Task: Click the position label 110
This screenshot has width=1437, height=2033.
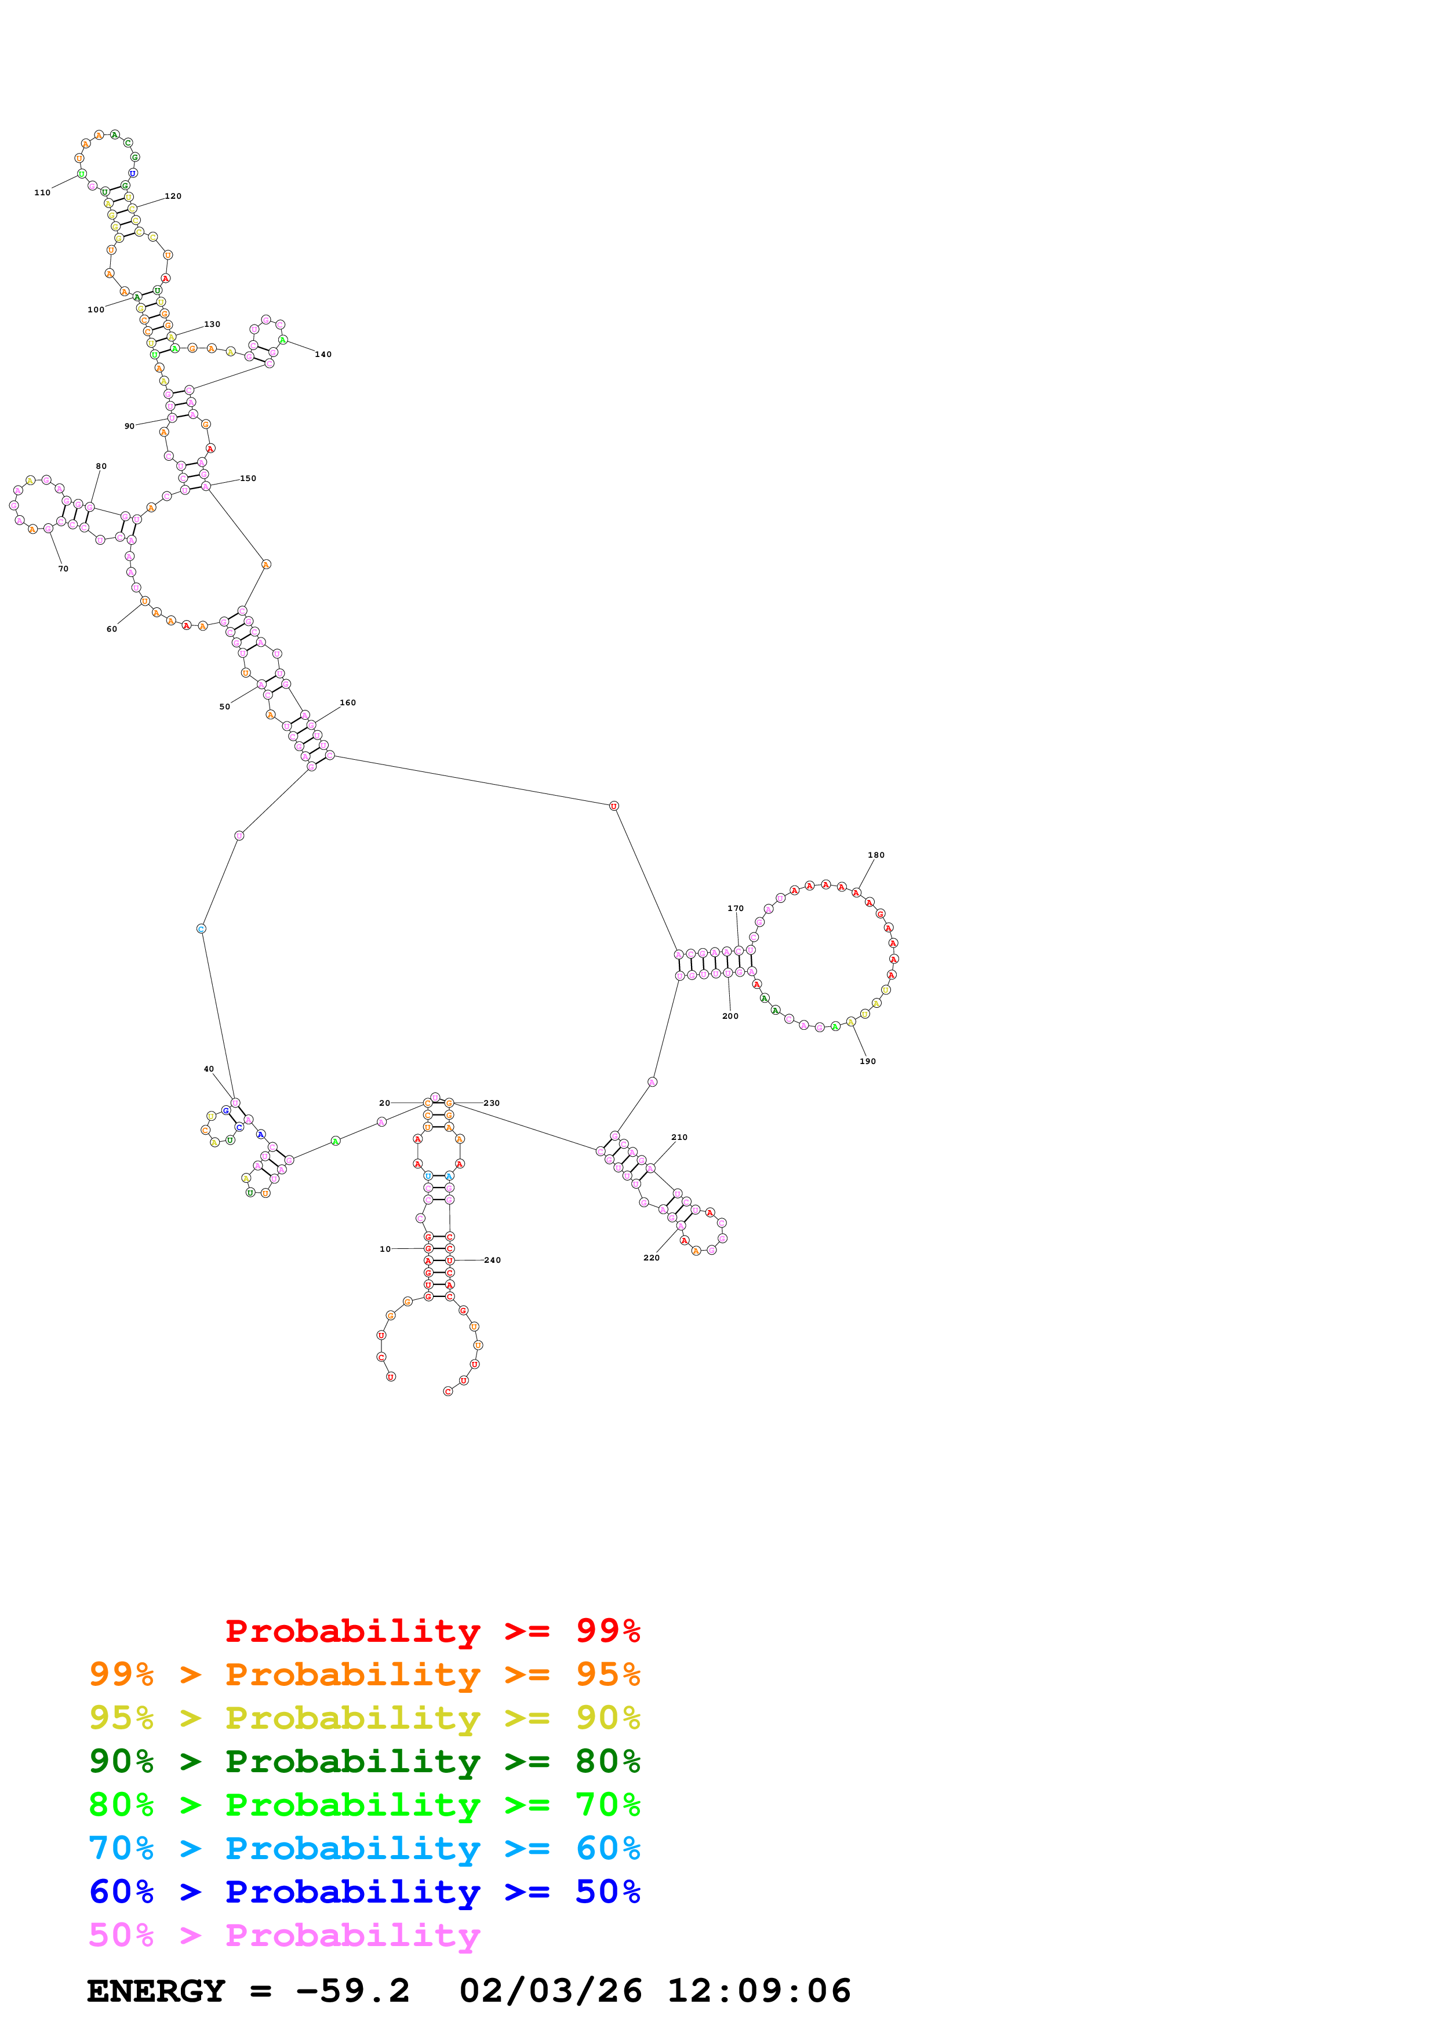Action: click(x=42, y=192)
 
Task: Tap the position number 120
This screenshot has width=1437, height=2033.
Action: click(x=173, y=196)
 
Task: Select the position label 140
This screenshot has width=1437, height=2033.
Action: click(x=323, y=354)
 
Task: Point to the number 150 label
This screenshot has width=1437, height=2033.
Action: click(x=248, y=478)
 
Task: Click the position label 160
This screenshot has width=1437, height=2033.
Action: click(x=348, y=702)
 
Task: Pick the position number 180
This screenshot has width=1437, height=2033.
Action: click(x=876, y=854)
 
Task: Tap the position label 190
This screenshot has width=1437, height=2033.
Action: click(x=868, y=1061)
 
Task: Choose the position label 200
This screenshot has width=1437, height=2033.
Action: click(x=730, y=1015)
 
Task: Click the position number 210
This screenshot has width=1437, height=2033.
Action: click(x=679, y=1137)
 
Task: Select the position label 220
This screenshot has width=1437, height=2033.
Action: click(x=651, y=1258)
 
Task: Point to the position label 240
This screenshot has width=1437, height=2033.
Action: click(x=492, y=1260)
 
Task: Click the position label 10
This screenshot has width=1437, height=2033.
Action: click(x=385, y=1248)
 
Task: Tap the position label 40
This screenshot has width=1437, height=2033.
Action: click(x=209, y=1069)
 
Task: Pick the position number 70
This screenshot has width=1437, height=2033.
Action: click(x=63, y=569)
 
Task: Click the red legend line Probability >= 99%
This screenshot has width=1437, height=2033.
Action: click(x=432, y=1630)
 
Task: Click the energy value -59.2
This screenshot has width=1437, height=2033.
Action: click(x=352, y=1991)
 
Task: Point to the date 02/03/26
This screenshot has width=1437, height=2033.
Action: click(x=550, y=1991)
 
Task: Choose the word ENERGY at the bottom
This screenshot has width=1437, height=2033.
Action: click(x=156, y=1991)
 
